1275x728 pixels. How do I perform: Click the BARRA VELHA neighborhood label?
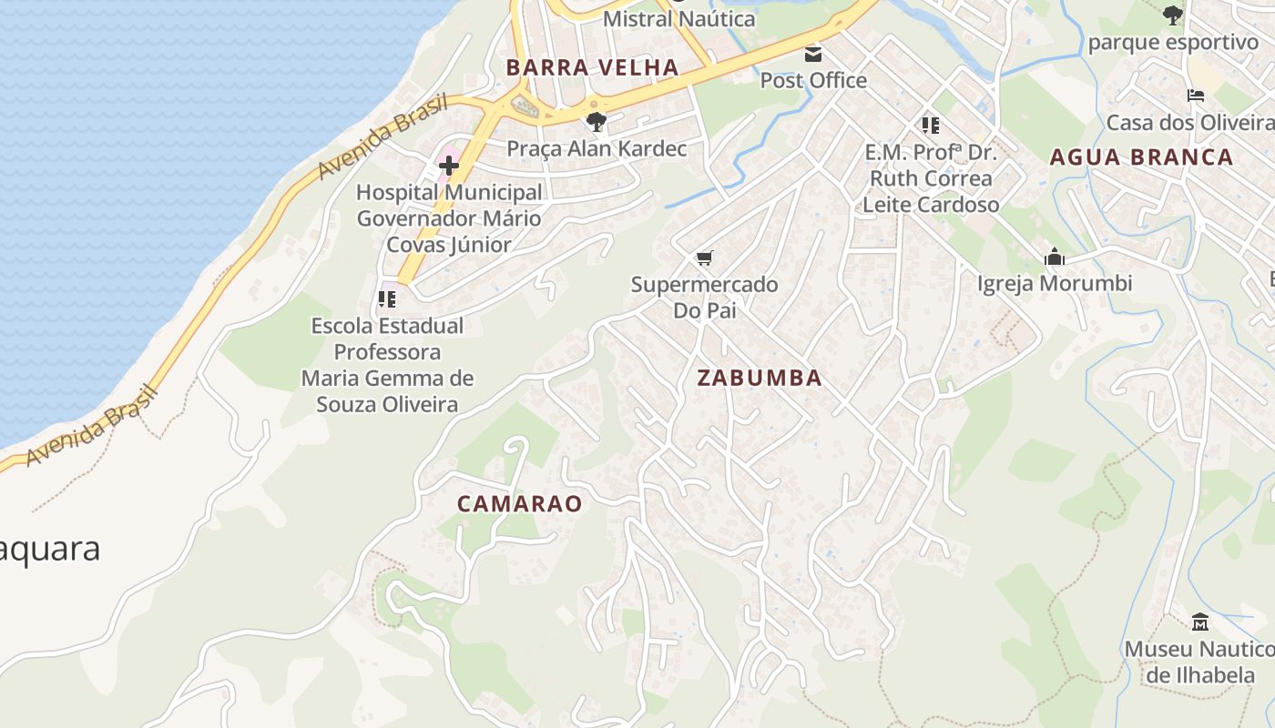(592, 67)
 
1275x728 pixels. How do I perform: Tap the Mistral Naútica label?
(679, 18)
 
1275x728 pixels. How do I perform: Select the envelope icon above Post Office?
(813, 54)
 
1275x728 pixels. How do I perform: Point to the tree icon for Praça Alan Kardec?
(597, 121)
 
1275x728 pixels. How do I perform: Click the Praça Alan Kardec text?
(597, 148)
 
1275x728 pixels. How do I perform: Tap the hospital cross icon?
(449, 166)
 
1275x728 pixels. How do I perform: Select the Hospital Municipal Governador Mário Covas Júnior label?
(449, 218)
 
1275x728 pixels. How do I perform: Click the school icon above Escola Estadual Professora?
(387, 298)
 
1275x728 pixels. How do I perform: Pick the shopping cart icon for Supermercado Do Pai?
(704, 258)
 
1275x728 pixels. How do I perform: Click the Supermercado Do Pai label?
(704, 297)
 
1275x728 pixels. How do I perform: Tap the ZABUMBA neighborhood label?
(760, 378)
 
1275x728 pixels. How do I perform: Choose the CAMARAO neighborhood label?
(519, 503)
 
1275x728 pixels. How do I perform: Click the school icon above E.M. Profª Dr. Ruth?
(930, 125)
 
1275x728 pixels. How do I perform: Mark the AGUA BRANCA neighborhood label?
(1141, 157)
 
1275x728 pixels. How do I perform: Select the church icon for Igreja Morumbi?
(1055, 257)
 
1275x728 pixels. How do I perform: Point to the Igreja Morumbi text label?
(1055, 283)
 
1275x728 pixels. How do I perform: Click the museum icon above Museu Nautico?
(1200, 622)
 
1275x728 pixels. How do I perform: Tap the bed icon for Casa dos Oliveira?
(1196, 96)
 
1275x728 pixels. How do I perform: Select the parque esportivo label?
(1173, 42)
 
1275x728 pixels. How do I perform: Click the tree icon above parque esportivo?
(1173, 15)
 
